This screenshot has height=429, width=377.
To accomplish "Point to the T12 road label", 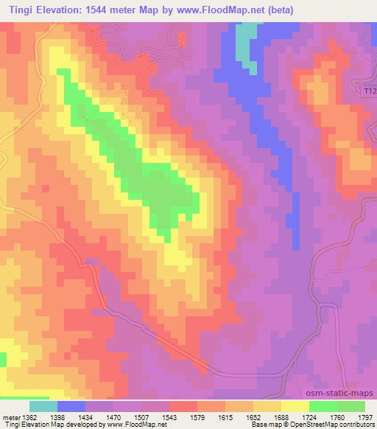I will click(370, 91).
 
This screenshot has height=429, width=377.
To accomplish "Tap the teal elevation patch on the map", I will click(247, 45).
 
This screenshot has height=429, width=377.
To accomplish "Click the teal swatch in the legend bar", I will click(43, 406).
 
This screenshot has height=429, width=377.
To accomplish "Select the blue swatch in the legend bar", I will click(71, 406).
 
